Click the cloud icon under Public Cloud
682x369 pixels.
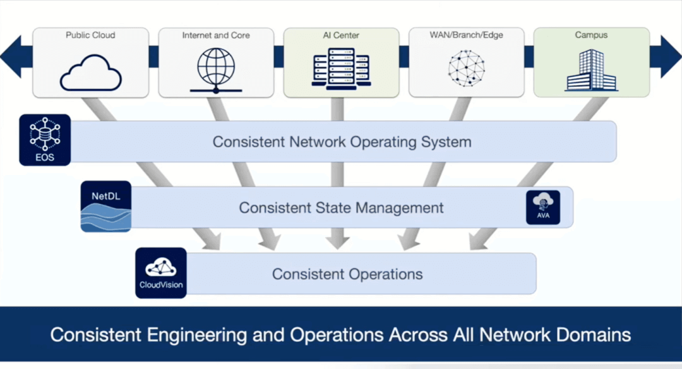tap(90, 73)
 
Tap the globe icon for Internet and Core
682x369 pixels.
tap(216, 70)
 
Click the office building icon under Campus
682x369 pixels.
tap(591, 70)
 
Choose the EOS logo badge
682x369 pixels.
tap(44, 140)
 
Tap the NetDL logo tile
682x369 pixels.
tap(106, 207)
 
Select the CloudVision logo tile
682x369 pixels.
tap(161, 273)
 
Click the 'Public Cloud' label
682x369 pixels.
tap(90, 35)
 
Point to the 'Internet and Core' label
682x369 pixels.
tap(216, 35)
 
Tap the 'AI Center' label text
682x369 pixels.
tap(341, 35)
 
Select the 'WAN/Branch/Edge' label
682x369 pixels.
tap(466, 35)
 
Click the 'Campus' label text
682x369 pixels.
tap(591, 35)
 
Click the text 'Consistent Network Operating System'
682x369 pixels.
tap(342, 142)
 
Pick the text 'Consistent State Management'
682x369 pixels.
tap(341, 207)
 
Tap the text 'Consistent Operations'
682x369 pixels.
tap(347, 274)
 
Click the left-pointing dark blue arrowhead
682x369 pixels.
tap(13, 56)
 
